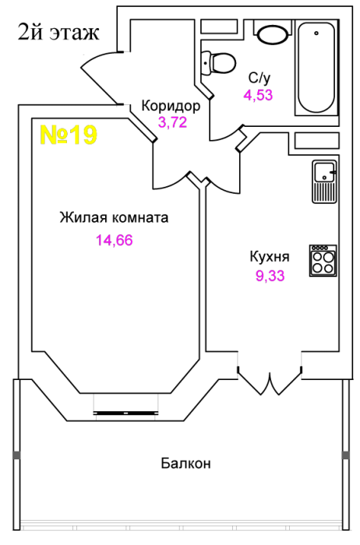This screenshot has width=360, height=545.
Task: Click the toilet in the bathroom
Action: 218,63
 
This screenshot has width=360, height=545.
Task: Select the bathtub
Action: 316,68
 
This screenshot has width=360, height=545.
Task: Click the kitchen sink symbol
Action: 324,181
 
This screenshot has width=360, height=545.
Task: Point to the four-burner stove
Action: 323,261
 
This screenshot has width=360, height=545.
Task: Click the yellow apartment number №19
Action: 69,135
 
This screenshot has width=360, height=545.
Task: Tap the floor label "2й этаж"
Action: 58,33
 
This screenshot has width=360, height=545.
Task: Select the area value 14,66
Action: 115,240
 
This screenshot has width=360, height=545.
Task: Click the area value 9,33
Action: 270,276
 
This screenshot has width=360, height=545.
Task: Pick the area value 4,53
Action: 258,95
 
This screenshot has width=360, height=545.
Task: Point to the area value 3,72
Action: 172,122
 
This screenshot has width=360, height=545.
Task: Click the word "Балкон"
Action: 185,463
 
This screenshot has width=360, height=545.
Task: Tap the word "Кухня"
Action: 270,257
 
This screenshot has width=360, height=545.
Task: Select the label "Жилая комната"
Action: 114,217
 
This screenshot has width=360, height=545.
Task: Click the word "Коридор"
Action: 171,106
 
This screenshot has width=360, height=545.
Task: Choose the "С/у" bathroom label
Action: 259,78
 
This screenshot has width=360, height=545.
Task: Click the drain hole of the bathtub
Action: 316,33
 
